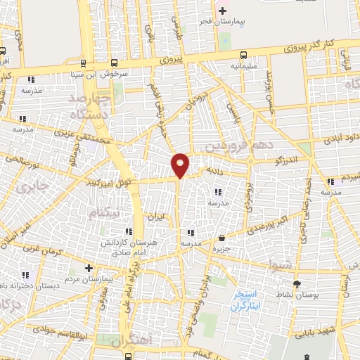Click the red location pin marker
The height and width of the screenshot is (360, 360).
coord(181,165)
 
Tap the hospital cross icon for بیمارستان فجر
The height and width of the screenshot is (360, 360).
coord(223,11)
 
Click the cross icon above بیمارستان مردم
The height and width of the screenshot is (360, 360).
coord(89,268)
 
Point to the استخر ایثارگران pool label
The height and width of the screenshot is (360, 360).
coord(250,301)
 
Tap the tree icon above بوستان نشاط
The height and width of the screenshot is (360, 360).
coord(296,284)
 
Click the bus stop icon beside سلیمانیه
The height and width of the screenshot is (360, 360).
coord(243,55)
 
